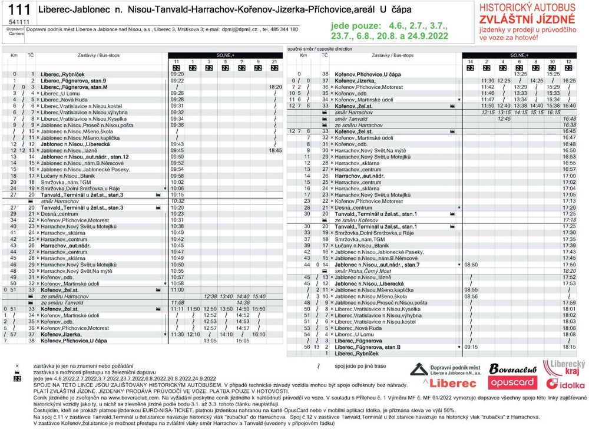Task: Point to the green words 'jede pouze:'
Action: click(356, 27)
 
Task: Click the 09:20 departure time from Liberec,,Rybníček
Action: click(177, 74)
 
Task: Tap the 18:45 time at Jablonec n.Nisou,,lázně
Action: click(275, 150)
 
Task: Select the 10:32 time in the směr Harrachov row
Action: click(177, 201)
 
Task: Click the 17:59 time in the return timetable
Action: click(569, 303)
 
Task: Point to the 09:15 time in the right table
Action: click(471, 346)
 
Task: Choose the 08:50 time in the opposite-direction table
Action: click(471, 265)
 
